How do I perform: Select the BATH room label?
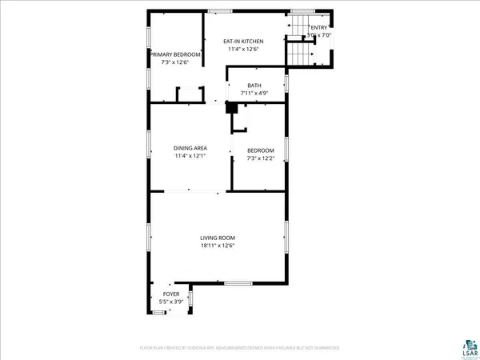pyautogui.click(x=254, y=86)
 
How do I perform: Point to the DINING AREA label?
pyautogui.click(x=190, y=148)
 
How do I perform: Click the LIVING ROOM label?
pyautogui.click(x=217, y=238)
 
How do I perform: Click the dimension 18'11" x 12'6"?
pyautogui.click(x=217, y=246)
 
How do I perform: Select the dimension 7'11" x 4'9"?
pyautogui.click(x=254, y=94)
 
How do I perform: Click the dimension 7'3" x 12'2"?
pyautogui.click(x=260, y=158)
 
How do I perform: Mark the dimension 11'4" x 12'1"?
pyautogui.click(x=190, y=155)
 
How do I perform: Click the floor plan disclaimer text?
pyautogui.click(x=240, y=348)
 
